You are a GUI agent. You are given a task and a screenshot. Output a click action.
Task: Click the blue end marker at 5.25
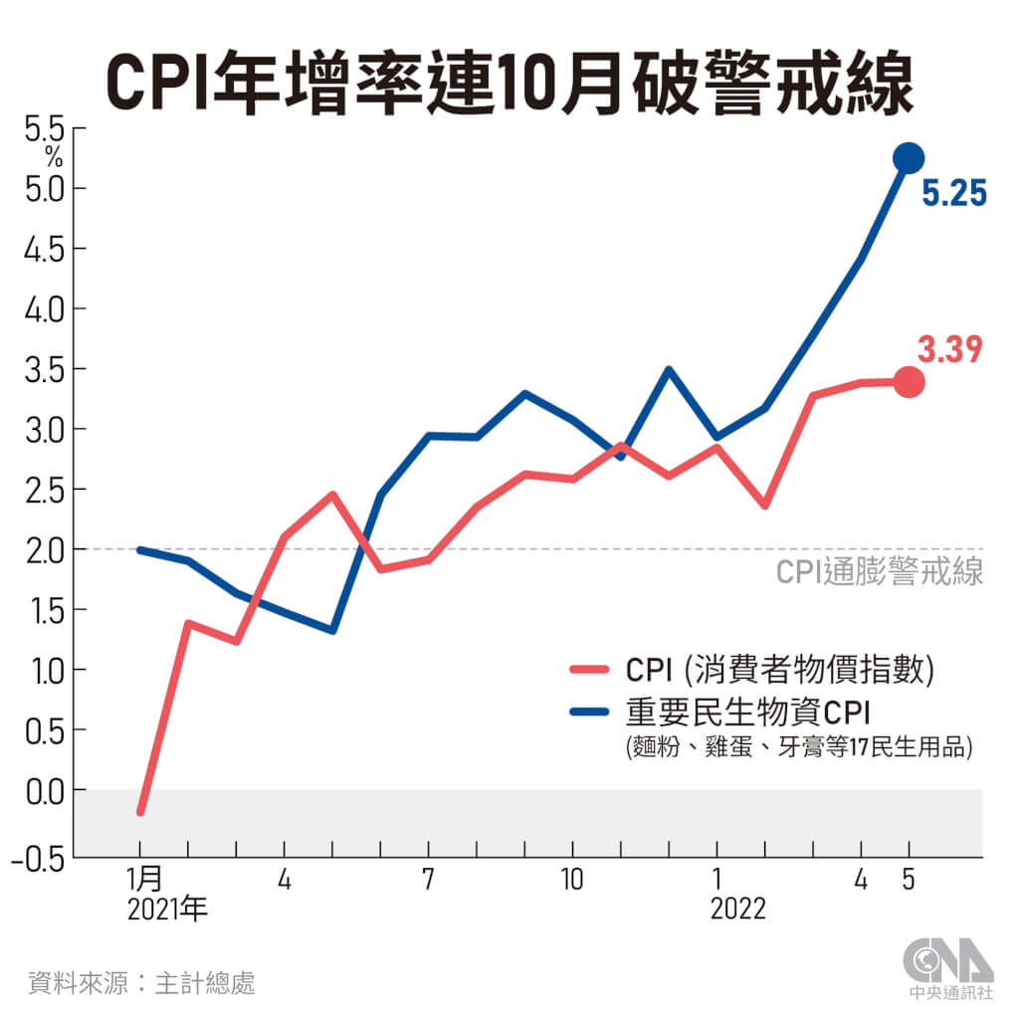909,157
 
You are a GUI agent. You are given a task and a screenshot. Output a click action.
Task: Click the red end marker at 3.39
909,381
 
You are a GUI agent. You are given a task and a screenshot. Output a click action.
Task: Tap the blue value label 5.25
953,193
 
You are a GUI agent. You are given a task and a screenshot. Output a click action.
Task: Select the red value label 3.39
950,349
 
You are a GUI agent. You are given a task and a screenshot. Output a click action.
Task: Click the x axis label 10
571,881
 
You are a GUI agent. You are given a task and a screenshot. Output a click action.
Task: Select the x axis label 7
427,881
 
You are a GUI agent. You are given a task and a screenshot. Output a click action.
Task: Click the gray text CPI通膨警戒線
879,572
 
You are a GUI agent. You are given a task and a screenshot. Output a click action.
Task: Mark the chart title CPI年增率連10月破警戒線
509,84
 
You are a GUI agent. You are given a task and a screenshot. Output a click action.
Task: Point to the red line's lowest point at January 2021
140,812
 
